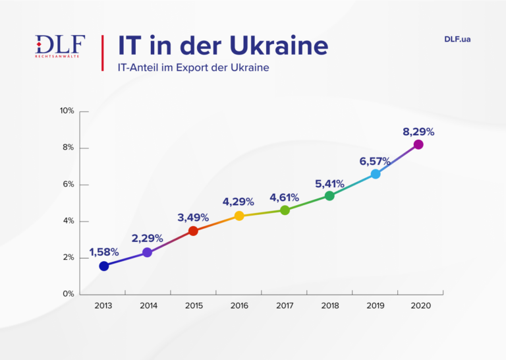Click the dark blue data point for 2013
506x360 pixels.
(104, 266)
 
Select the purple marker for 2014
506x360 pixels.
(147, 253)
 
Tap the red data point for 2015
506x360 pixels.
(193, 231)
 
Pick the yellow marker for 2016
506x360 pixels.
(239, 216)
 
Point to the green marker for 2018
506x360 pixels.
(329, 196)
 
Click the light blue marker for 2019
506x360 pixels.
(376, 174)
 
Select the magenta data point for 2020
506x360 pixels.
(418, 144)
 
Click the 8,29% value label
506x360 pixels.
(418, 132)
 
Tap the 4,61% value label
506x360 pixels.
(284, 197)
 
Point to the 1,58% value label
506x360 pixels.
(104, 252)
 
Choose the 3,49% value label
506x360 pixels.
(193, 217)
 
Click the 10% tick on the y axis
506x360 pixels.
(67, 111)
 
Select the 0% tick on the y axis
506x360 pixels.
(69, 294)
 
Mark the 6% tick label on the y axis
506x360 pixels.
(69, 185)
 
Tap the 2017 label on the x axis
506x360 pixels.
(285, 306)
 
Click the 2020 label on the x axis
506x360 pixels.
(420, 306)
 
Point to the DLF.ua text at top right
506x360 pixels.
(457, 39)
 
